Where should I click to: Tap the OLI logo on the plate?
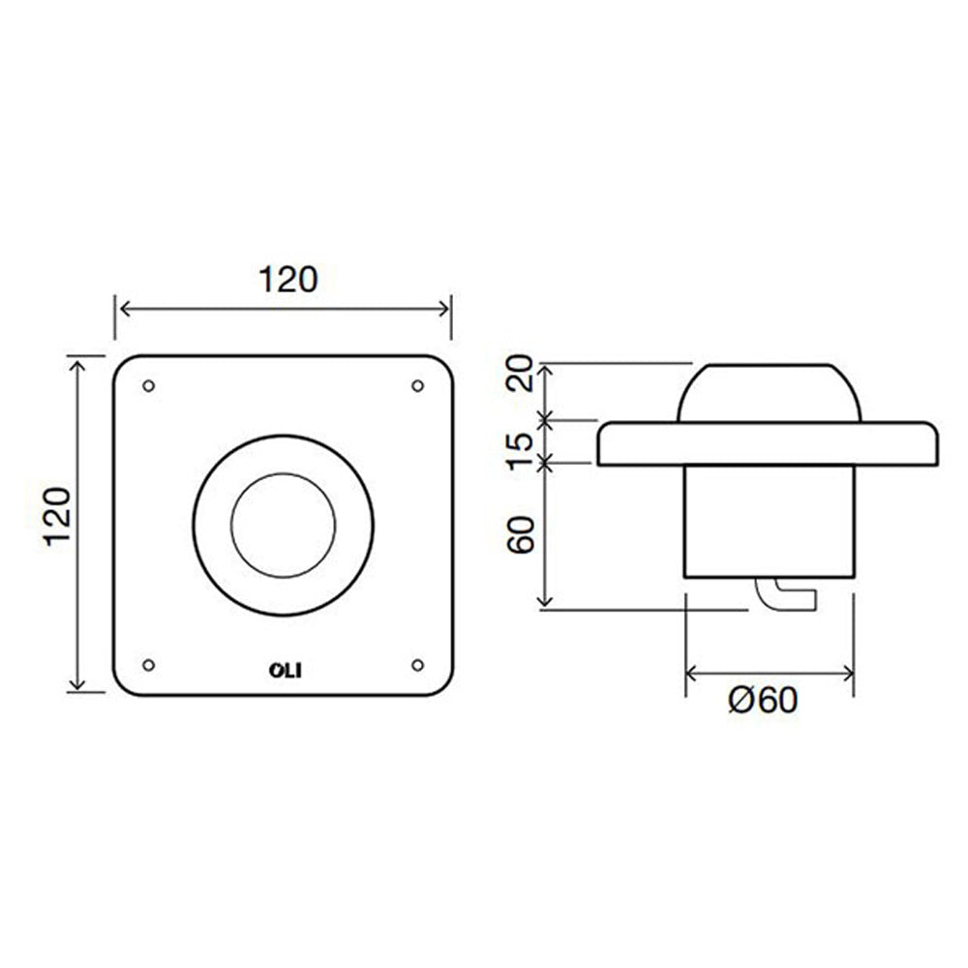click(286, 671)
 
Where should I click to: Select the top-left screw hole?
click(148, 386)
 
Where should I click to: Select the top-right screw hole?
click(417, 386)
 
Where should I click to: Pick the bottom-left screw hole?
click(148, 665)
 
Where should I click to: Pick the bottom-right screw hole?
click(417, 665)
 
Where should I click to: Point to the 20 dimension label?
click(520, 373)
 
